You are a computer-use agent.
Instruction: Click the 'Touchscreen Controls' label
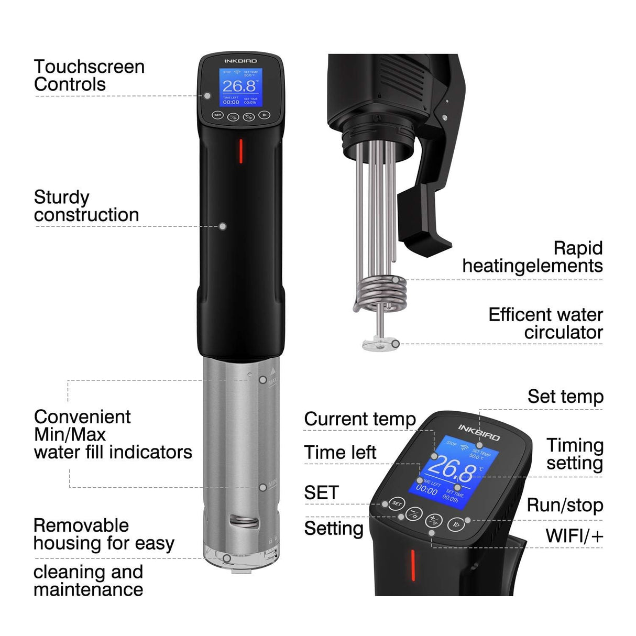[89, 75]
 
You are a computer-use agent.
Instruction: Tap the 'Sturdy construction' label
[86, 206]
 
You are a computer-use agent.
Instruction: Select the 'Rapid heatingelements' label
[532, 257]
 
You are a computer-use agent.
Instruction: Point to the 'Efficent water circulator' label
[545, 323]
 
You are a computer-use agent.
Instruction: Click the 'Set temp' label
[565, 397]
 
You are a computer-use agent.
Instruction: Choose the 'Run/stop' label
[565, 505]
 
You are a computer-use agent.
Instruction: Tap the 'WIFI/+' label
[574, 536]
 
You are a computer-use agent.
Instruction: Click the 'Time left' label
[340, 452]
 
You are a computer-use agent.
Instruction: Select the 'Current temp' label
[360, 419]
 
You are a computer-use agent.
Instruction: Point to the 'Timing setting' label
[575, 454]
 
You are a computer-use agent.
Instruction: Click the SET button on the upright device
[217, 115]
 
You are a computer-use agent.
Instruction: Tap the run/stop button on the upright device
[265, 115]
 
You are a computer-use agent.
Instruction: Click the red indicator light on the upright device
[241, 151]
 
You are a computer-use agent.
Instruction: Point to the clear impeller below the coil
[377, 343]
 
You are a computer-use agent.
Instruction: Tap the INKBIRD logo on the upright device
[241, 61]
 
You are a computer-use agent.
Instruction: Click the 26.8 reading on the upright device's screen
[239, 86]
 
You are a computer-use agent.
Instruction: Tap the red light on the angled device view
[413, 565]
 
